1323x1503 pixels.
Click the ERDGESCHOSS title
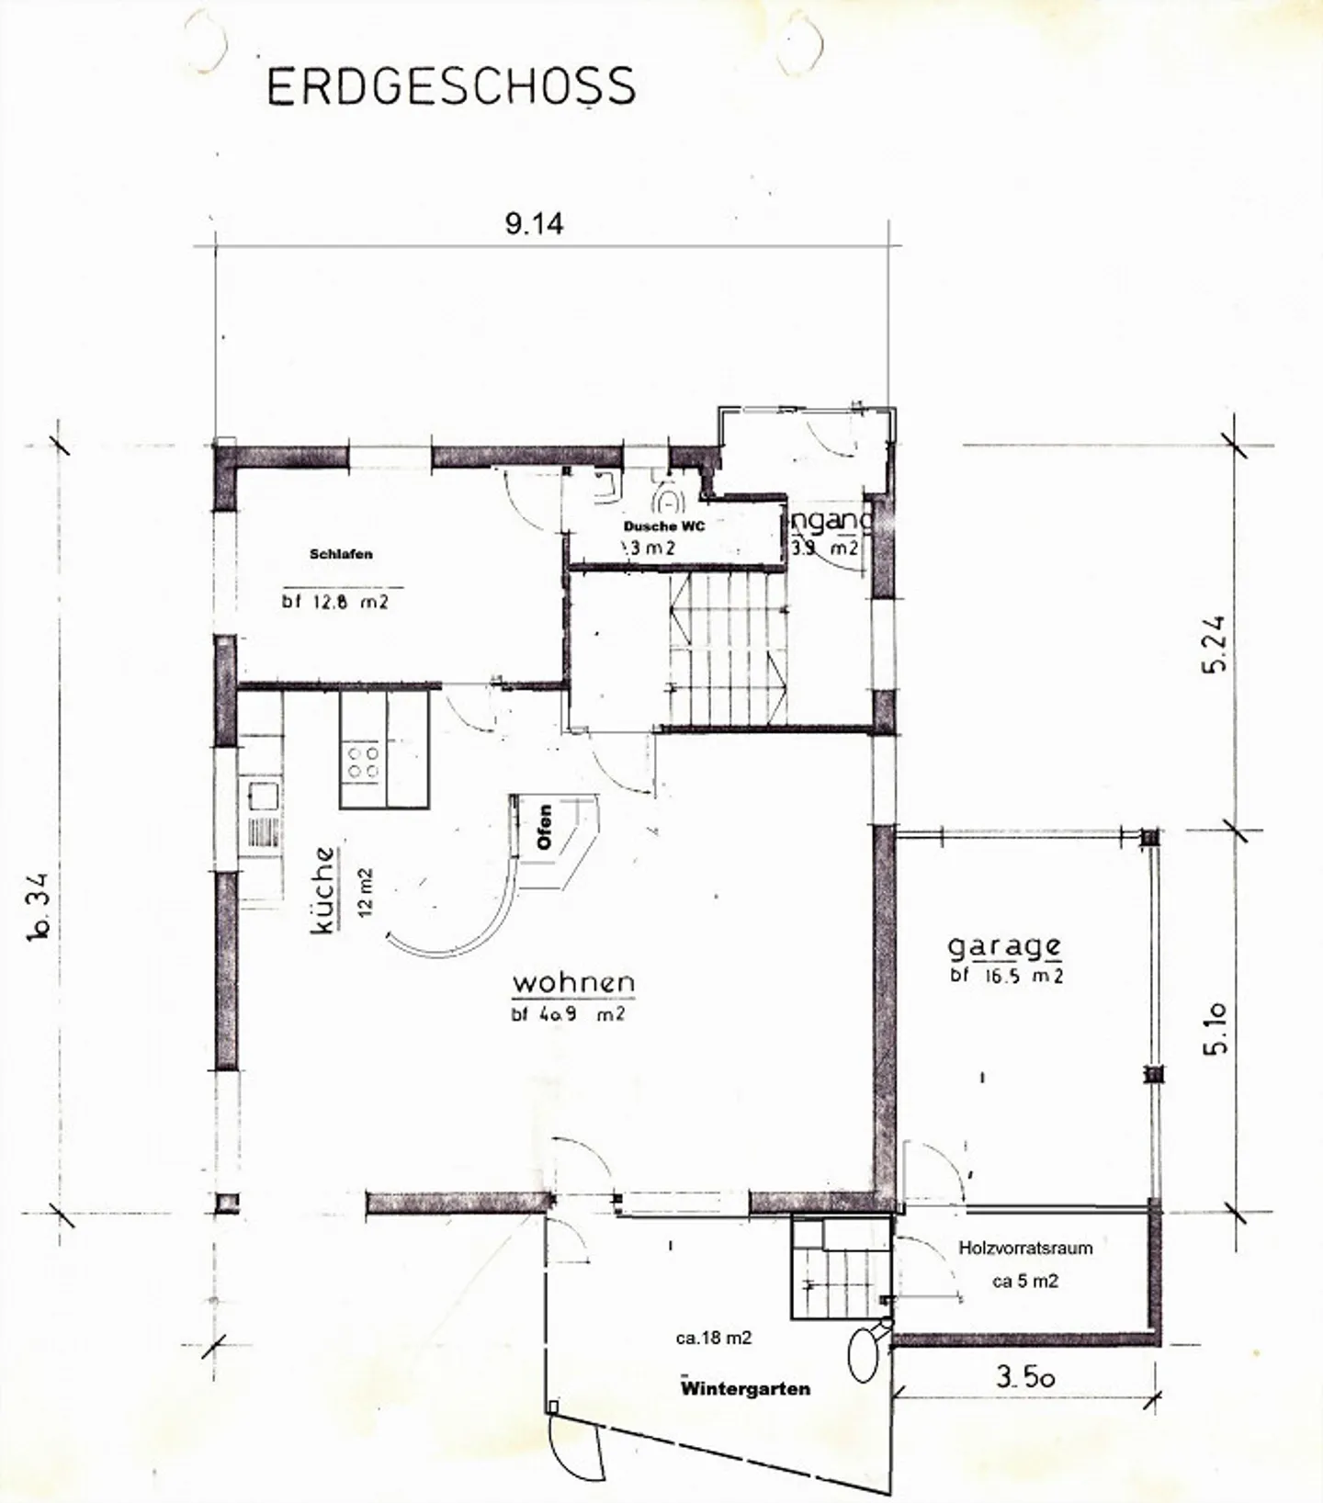(x=450, y=86)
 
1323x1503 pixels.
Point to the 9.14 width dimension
(x=534, y=224)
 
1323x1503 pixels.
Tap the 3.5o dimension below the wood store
(x=1024, y=1376)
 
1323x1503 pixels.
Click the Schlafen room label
(x=341, y=554)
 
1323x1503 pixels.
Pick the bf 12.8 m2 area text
(x=335, y=603)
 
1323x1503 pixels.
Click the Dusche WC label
(x=664, y=526)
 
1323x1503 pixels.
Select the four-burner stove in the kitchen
(x=362, y=762)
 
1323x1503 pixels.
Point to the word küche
(x=324, y=889)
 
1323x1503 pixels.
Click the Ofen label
(x=545, y=827)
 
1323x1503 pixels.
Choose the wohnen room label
(x=573, y=982)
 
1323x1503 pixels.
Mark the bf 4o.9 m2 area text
(x=568, y=1015)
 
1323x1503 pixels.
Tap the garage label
(x=1004, y=946)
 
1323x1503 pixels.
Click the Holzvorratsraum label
(x=1025, y=1248)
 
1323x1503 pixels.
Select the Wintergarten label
(x=745, y=1388)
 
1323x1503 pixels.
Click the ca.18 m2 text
(x=714, y=1339)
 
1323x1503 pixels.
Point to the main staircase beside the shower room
(x=729, y=649)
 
